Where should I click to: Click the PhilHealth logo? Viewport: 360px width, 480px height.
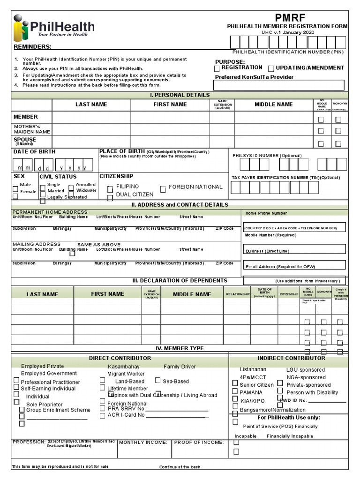(54, 28)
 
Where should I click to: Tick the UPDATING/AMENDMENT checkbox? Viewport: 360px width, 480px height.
(271, 68)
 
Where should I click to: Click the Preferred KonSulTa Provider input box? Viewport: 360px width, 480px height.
(279, 85)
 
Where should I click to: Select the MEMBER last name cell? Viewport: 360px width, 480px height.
(91, 117)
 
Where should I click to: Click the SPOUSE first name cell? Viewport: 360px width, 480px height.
(170, 142)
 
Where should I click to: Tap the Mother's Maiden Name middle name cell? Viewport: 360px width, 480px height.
(273, 129)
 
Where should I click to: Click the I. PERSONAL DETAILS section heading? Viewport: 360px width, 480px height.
(180, 95)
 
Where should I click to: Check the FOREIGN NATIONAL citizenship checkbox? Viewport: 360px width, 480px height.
(163, 189)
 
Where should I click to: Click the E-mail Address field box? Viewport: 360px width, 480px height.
(295, 265)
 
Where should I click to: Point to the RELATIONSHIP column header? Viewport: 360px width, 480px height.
(238, 294)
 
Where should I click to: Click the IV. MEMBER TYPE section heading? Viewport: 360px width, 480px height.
(180, 348)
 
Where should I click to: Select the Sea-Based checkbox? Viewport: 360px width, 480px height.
(157, 381)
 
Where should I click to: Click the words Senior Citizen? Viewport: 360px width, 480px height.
(256, 385)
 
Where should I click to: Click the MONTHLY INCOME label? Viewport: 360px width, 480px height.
(143, 442)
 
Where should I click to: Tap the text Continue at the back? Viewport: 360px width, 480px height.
(180, 467)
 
